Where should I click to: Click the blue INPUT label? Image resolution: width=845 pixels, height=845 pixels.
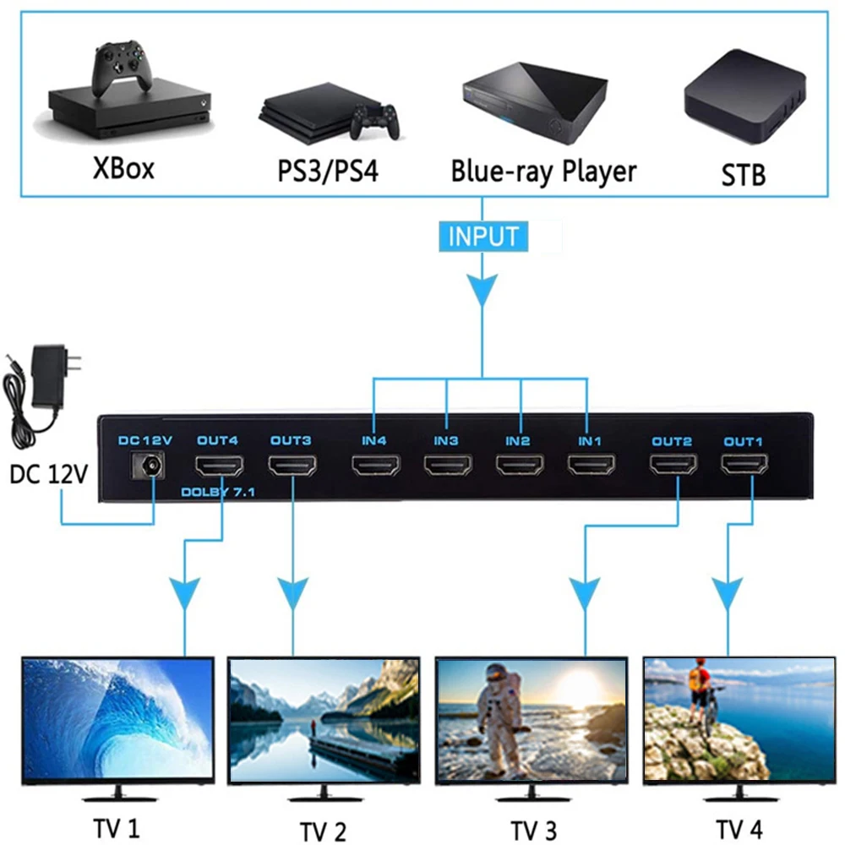coord(482,236)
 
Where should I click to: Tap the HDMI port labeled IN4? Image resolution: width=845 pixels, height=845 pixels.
coord(375,466)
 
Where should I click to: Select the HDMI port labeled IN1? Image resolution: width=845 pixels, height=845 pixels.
coord(591,466)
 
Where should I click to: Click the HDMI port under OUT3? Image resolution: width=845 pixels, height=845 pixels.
coord(292,466)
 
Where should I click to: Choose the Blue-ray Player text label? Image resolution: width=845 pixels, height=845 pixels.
coord(542,171)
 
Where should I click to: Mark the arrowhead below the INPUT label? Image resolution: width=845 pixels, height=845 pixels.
coord(482,292)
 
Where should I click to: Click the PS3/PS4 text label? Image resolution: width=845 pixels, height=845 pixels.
coord(328,172)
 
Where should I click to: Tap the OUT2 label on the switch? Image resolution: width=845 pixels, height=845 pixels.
coord(671,440)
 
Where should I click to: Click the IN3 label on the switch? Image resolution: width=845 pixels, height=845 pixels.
coord(446,440)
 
